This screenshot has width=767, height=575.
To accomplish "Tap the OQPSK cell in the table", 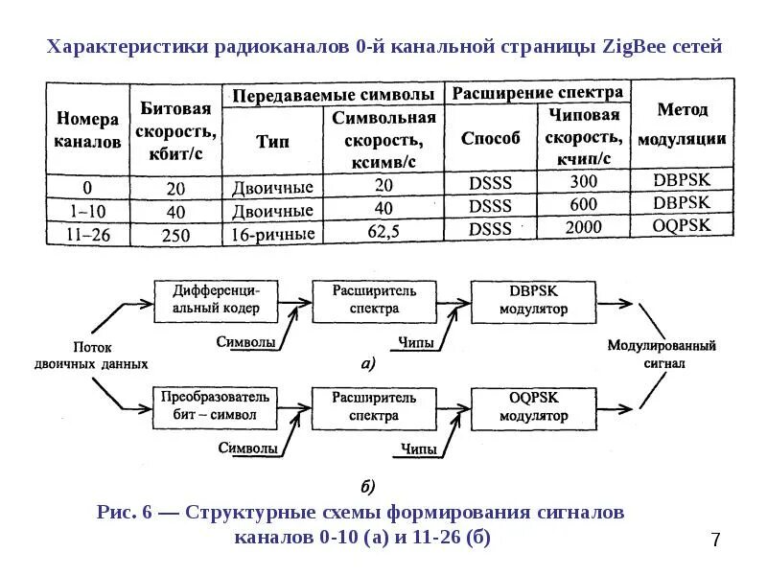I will click(682, 227).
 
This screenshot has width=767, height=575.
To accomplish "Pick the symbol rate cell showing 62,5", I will click(383, 230).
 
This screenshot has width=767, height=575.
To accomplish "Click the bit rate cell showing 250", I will click(175, 233).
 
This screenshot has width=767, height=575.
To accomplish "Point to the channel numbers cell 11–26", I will click(87, 232).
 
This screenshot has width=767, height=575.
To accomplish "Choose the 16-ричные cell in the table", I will click(272, 233).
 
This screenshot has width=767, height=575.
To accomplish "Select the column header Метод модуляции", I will click(682, 124).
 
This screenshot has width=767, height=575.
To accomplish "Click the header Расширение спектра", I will click(538, 93).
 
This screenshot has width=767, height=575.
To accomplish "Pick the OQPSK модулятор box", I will click(533, 406).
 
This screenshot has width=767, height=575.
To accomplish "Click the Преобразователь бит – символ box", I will click(215, 406).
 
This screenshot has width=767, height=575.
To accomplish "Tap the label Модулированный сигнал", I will click(662, 355).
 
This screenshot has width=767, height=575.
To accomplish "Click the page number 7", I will click(715, 540).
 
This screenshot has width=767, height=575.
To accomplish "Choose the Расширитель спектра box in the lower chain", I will click(374, 406).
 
